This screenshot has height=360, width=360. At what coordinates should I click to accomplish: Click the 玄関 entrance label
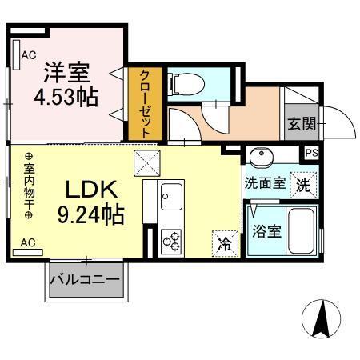point(301,125)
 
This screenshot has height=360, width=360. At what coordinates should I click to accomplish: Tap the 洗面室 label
point(265,182)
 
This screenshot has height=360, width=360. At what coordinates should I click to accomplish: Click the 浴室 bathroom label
point(266,232)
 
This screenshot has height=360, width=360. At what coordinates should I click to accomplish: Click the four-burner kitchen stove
point(172,239)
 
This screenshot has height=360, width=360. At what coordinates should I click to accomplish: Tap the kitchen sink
point(172,195)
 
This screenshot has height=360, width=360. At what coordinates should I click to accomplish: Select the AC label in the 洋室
point(28,55)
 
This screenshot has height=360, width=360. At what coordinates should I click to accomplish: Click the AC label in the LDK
point(26,242)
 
